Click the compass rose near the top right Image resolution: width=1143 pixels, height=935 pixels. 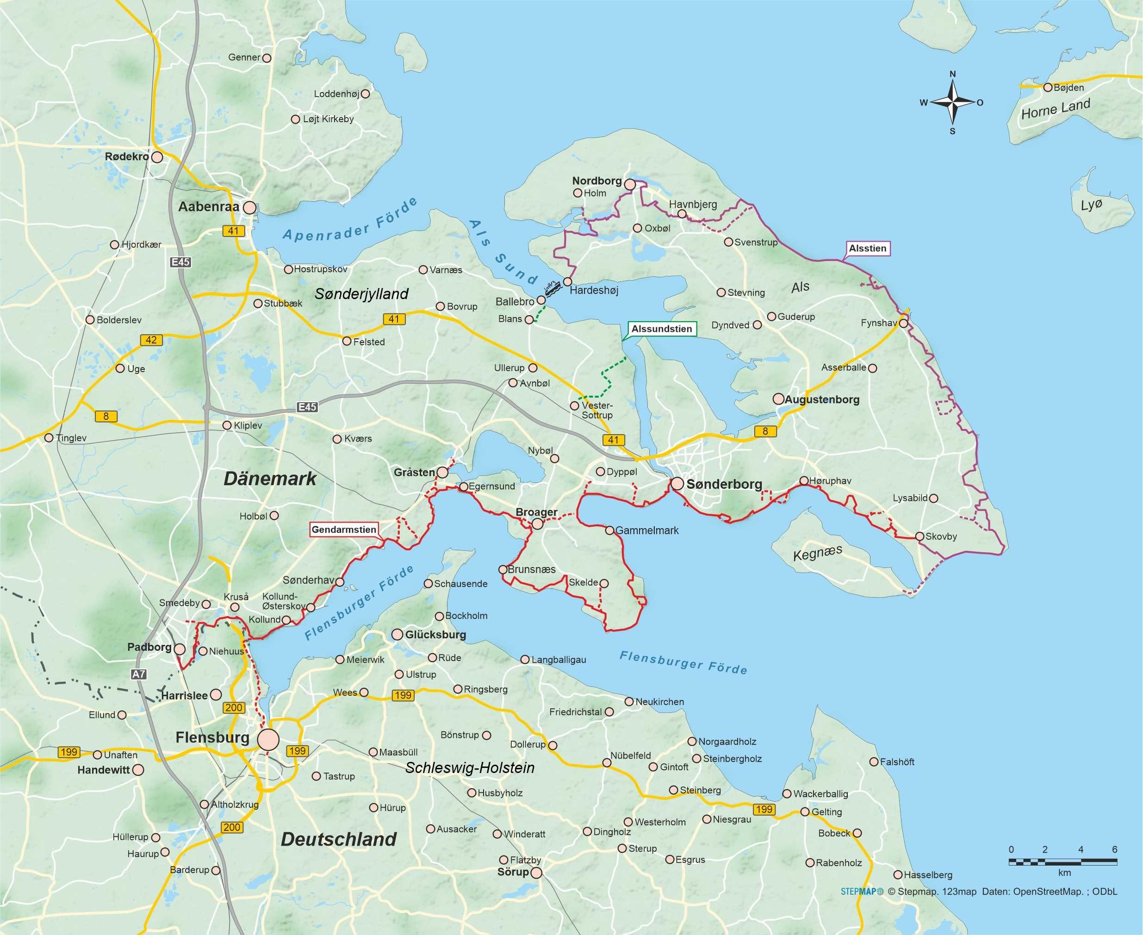(x=952, y=102)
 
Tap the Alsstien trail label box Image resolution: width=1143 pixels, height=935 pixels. (x=867, y=248)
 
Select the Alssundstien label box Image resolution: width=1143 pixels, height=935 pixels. (x=661, y=329)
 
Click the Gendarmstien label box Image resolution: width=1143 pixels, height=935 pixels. (x=344, y=530)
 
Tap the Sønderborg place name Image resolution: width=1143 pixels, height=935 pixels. (x=724, y=484)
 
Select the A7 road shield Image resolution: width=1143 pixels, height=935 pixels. (x=138, y=674)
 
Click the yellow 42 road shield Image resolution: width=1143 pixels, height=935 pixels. (x=151, y=340)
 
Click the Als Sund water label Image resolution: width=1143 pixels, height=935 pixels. (x=502, y=251)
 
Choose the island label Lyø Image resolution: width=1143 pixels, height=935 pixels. (x=1091, y=205)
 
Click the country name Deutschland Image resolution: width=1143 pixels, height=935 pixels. (x=339, y=839)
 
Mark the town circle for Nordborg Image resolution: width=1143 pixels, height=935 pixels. (x=629, y=185)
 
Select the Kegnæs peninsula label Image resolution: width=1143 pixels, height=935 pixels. (x=817, y=553)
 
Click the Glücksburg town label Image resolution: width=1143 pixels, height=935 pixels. (x=435, y=635)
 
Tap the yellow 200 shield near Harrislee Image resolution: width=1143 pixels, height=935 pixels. (x=234, y=707)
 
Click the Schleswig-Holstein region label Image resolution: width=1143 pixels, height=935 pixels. (x=470, y=767)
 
